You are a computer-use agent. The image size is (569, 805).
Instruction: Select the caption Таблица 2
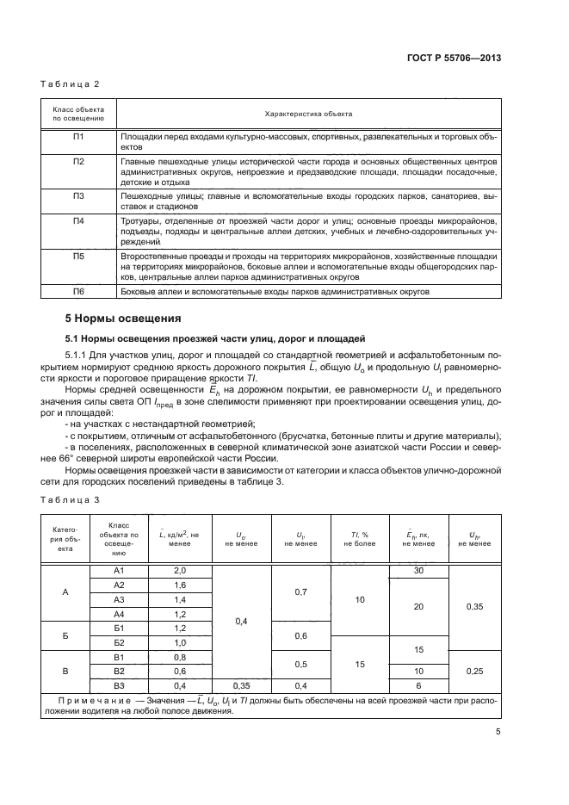(x=70, y=84)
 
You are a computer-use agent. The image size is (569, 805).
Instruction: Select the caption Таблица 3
(x=70, y=498)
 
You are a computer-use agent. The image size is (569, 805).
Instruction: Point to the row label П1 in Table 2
(x=78, y=137)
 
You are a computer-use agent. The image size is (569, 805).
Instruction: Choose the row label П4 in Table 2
(x=78, y=221)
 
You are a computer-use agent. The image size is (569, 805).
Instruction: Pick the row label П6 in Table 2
(x=78, y=293)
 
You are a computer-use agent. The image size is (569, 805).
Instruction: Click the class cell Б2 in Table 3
(x=120, y=642)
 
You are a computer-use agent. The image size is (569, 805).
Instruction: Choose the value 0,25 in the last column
(x=474, y=671)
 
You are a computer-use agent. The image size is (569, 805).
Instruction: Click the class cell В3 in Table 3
(x=120, y=684)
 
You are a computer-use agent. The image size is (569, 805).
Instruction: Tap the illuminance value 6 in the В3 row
(x=418, y=684)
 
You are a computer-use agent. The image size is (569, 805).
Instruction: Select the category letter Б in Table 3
(x=65, y=635)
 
